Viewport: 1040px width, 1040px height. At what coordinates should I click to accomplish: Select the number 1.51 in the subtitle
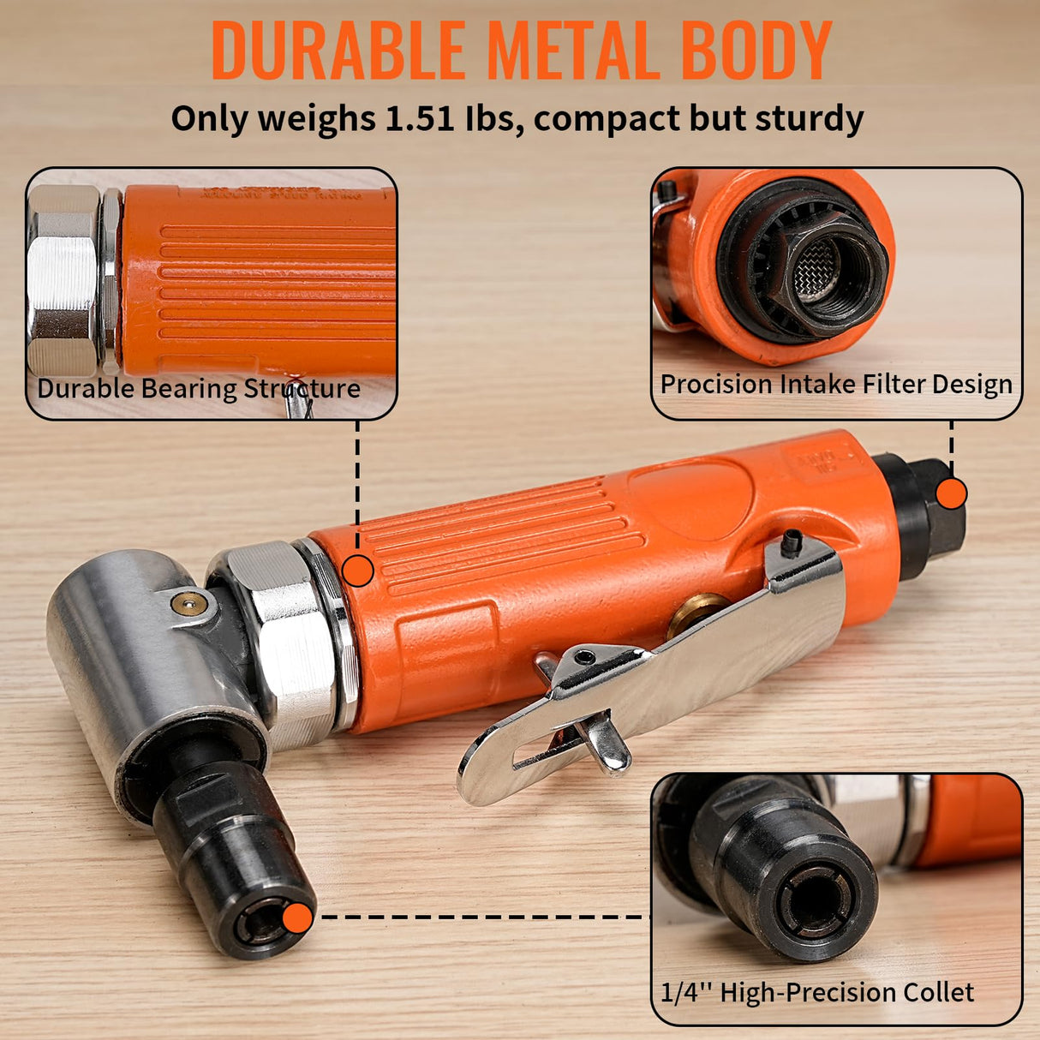(419, 118)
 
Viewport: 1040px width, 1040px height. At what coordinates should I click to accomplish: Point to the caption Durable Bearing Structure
(199, 388)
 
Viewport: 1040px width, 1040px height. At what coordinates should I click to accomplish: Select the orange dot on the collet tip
(297, 917)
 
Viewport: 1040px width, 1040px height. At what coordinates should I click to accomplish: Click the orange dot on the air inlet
(951, 493)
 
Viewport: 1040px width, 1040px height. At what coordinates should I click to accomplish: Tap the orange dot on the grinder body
(357, 571)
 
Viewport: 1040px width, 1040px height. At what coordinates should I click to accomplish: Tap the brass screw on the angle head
(189, 604)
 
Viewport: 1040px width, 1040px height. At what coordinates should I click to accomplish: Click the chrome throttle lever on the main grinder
(651, 677)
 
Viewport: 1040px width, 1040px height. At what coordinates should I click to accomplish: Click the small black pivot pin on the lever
(792, 541)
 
